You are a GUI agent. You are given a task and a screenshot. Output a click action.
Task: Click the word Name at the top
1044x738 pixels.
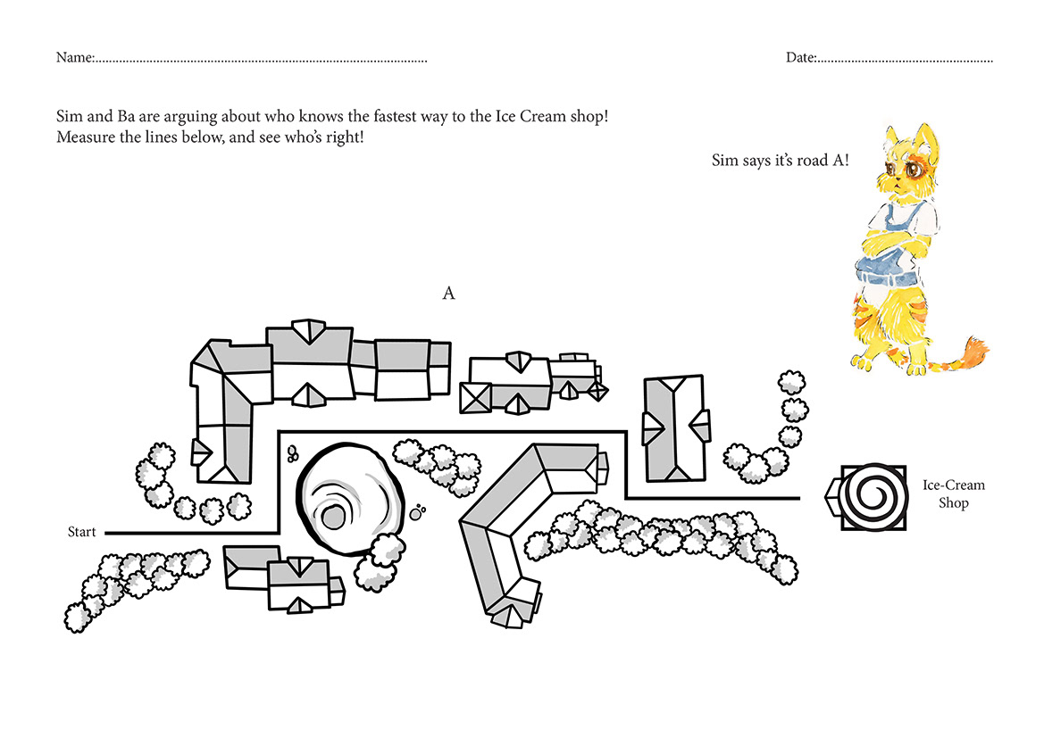[75, 57]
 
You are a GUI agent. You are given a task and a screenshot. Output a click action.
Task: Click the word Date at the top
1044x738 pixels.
[801, 57]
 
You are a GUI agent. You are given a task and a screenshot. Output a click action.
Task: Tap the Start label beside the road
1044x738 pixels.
[82, 532]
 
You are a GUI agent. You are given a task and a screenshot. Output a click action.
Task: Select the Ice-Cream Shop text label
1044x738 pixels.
[954, 493]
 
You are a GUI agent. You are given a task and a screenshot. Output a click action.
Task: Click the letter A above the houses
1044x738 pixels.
[448, 293]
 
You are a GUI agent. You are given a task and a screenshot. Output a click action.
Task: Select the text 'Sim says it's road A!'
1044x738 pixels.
[781, 161]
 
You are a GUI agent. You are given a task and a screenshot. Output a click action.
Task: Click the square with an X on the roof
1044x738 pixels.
[475, 398]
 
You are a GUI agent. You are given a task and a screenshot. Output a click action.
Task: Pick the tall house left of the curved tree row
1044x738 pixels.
[675, 427]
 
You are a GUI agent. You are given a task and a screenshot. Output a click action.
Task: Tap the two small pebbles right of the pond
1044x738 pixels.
[417, 512]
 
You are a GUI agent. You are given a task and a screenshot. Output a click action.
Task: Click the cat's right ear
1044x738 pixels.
[924, 137]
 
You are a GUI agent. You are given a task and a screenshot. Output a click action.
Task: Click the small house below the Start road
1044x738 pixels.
[284, 578]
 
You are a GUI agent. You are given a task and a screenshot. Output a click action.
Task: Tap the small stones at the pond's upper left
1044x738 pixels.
[292, 454]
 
